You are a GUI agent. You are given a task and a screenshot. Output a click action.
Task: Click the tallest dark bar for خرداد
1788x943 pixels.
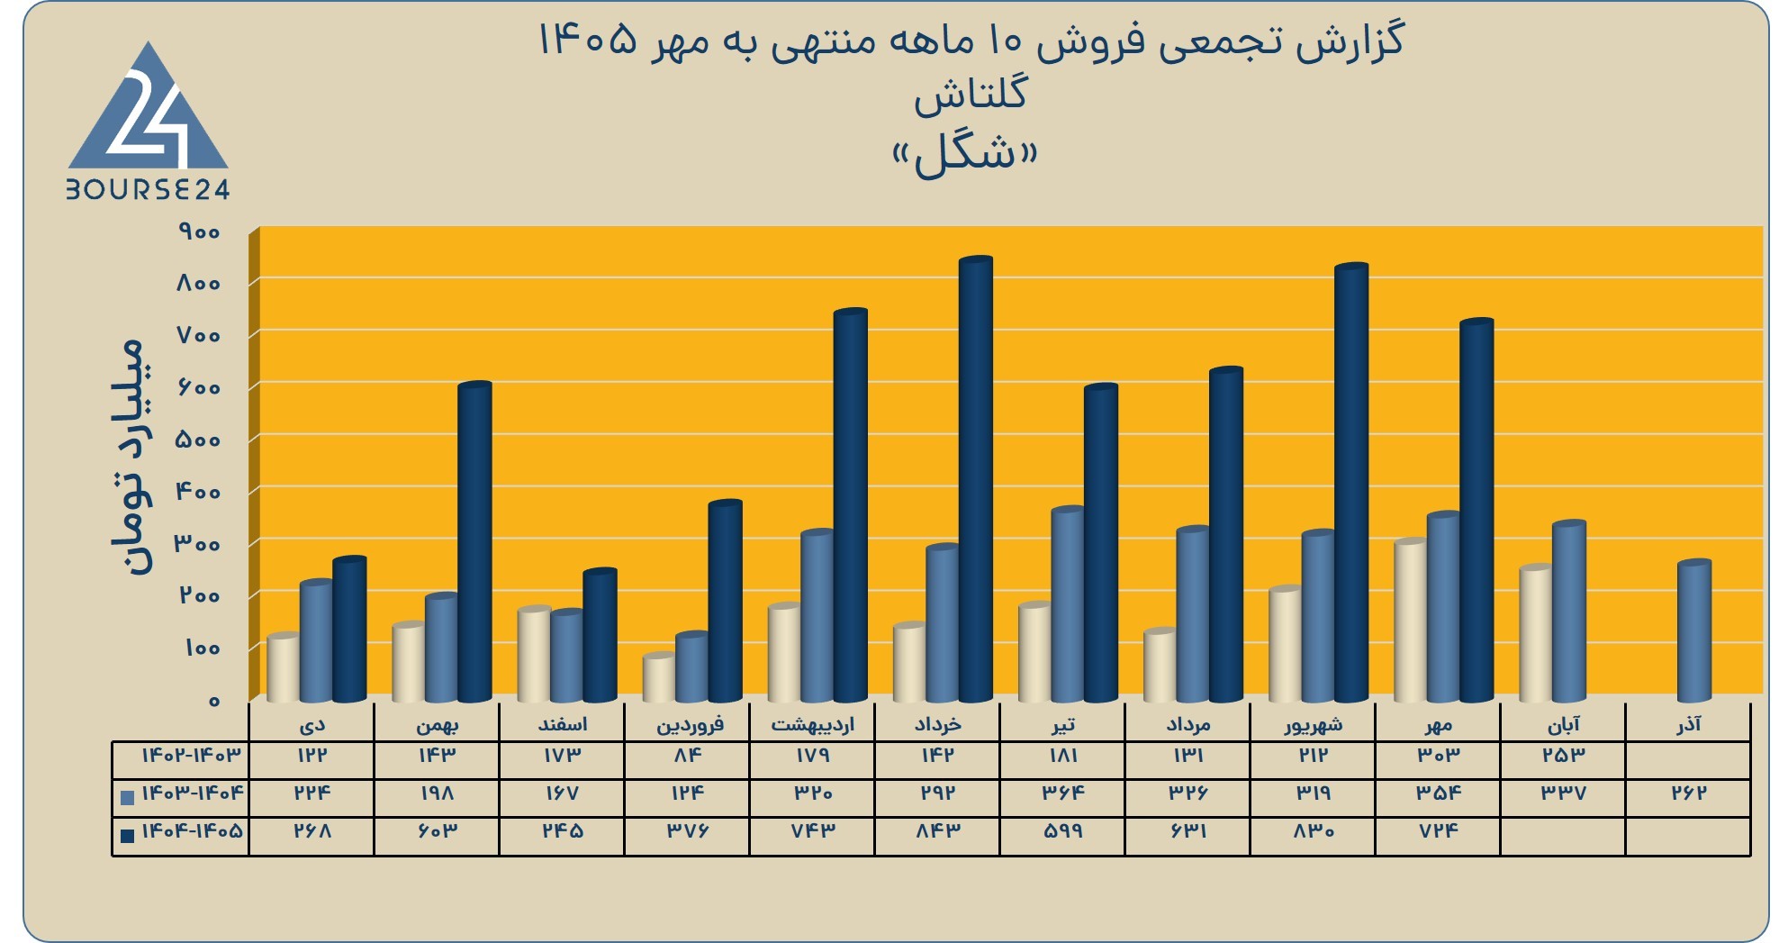pos(975,478)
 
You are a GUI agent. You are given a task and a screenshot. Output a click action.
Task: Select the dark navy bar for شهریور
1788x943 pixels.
pos(1350,482)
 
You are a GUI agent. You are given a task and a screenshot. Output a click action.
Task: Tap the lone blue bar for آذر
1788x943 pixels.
pos(1693,630)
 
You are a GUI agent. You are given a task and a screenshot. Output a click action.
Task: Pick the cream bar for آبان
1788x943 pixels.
pos(1535,633)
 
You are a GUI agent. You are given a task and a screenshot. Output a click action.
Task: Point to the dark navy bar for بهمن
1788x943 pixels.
pos(474,541)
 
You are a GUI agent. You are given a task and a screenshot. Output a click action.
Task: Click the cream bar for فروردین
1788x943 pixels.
pos(659,677)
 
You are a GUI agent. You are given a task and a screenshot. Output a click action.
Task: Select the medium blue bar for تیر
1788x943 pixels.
pos(1068,604)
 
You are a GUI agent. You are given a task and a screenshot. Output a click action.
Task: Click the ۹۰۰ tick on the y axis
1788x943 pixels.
pos(199,232)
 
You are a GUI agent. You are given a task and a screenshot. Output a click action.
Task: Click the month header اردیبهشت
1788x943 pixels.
pos(812,724)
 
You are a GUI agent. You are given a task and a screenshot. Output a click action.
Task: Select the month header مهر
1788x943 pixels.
pos(1439,724)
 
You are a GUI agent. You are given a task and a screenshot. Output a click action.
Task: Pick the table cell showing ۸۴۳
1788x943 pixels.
pos(937,831)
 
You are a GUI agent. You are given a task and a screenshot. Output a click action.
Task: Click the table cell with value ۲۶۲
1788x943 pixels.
pos(1689,793)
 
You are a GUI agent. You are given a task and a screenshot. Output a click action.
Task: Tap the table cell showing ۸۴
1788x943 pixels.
pos(687,755)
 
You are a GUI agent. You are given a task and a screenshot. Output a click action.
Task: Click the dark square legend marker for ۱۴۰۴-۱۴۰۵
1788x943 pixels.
pos(127,835)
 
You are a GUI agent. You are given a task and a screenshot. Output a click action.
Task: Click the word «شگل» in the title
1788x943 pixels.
pos(964,156)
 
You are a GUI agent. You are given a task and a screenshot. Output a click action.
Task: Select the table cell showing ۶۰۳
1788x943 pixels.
pos(437,831)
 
